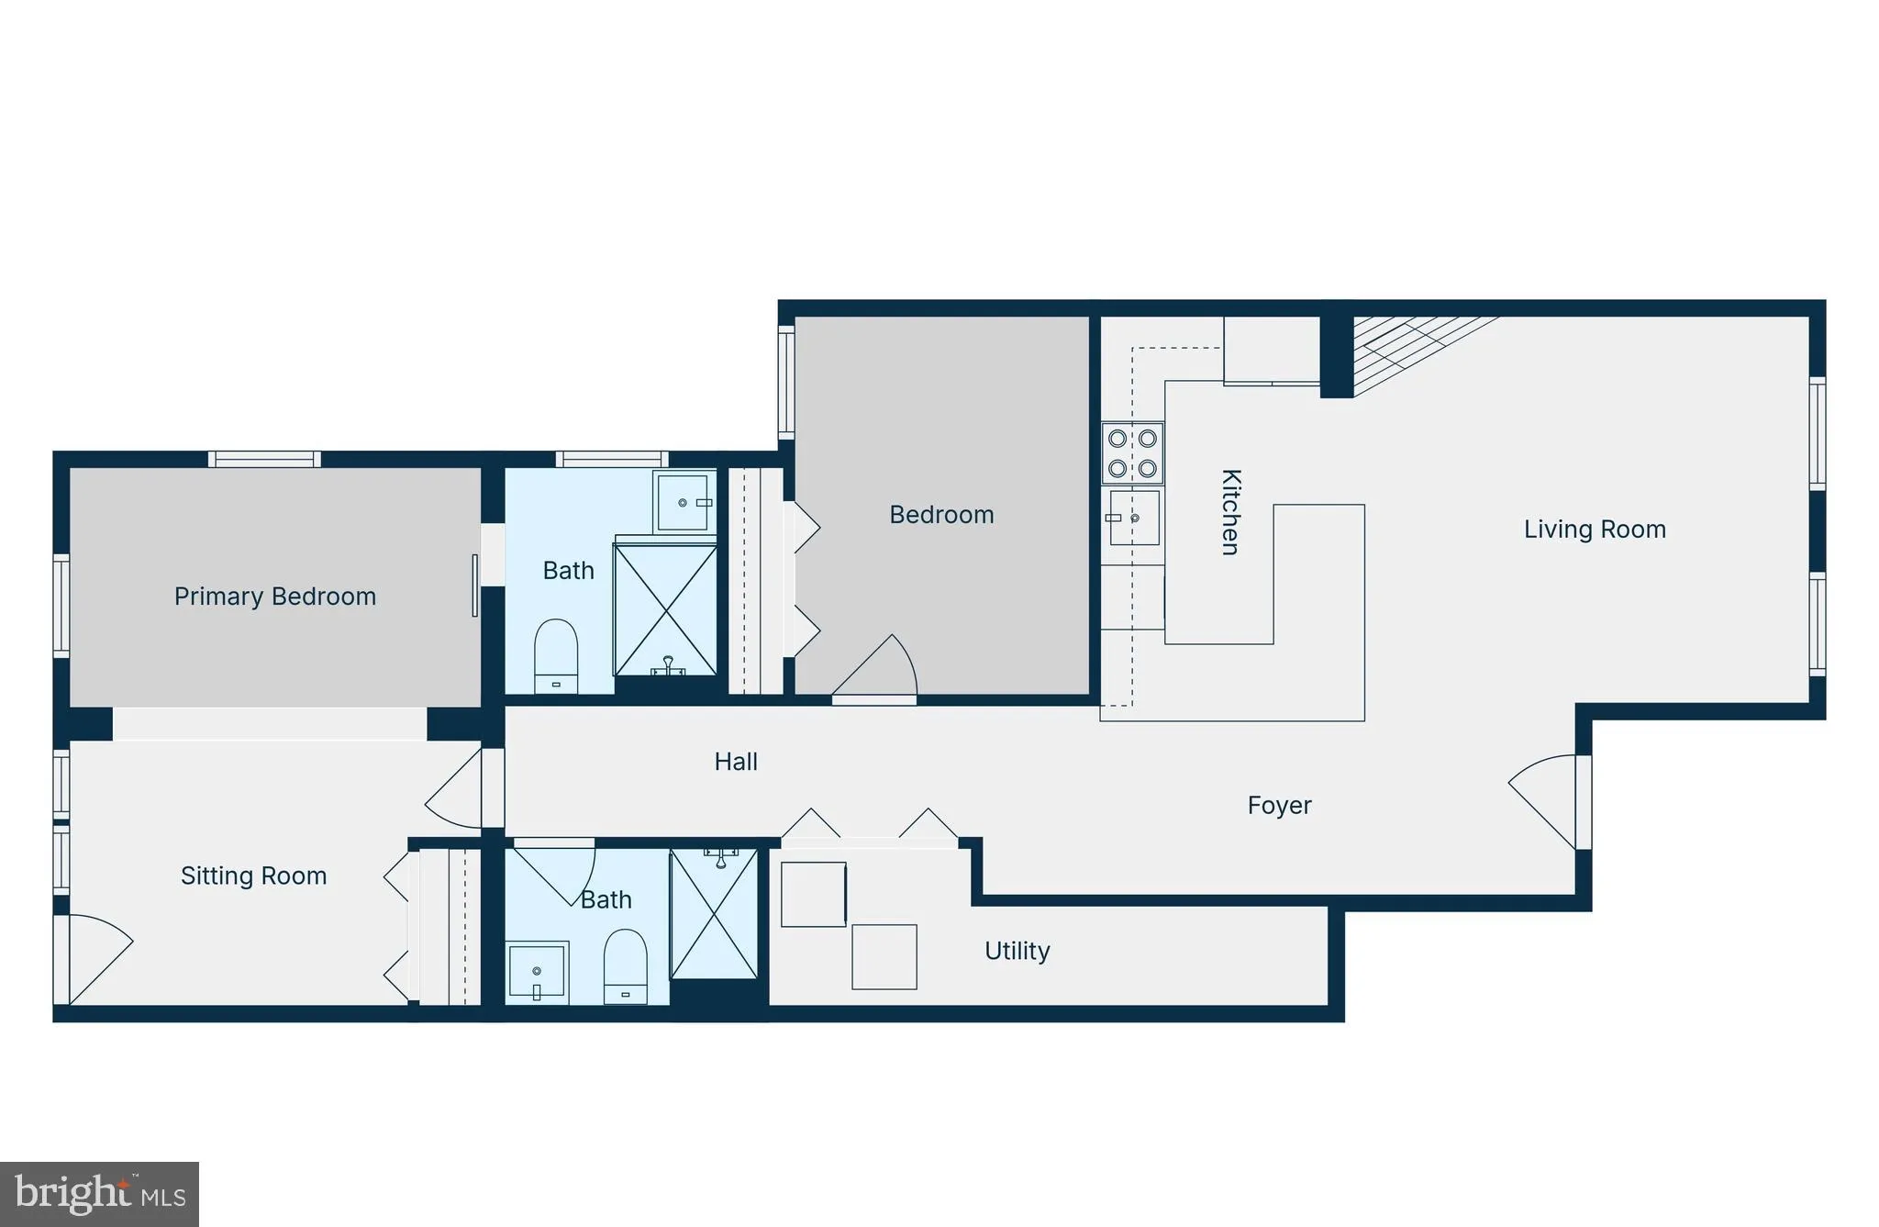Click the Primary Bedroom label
[x=275, y=597]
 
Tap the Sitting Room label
[x=253, y=876]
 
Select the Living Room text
[x=1595, y=530]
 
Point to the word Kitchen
[x=1230, y=512]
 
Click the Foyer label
[x=1279, y=806]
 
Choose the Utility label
[x=1017, y=951]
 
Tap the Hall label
[x=736, y=762]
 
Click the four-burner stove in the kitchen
[x=1132, y=453]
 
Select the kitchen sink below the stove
[x=1134, y=519]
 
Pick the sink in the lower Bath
[x=538, y=971]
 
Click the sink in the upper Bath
[x=684, y=501]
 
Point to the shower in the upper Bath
[x=665, y=609]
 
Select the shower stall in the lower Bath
[x=714, y=914]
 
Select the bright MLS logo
[x=99, y=1194]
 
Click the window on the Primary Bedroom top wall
[x=264, y=459]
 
